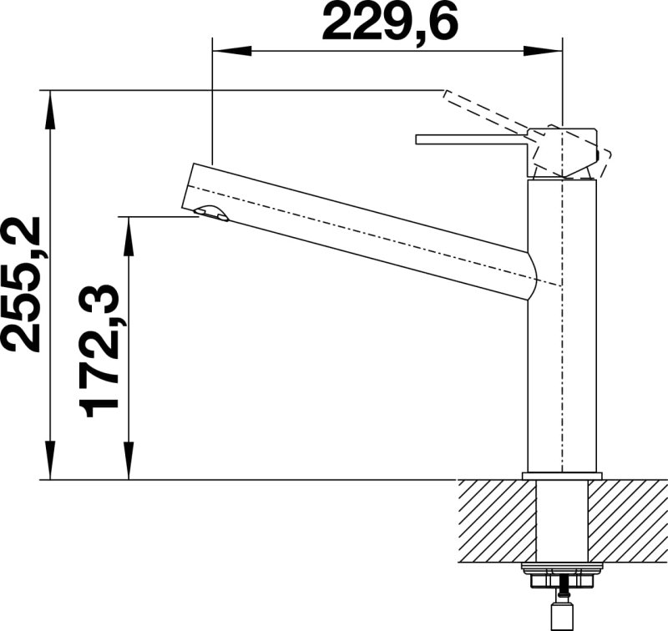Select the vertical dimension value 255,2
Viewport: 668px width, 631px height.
(22, 285)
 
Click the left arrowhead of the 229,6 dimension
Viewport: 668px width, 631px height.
(231, 51)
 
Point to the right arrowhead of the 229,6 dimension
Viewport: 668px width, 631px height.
(544, 51)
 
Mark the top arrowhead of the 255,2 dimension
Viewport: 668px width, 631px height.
(50, 110)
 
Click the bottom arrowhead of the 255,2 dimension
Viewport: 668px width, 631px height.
(50, 460)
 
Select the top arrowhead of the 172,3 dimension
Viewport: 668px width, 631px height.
(129, 236)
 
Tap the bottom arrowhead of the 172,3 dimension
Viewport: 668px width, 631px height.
(129, 460)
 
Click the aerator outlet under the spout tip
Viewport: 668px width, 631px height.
(211, 213)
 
